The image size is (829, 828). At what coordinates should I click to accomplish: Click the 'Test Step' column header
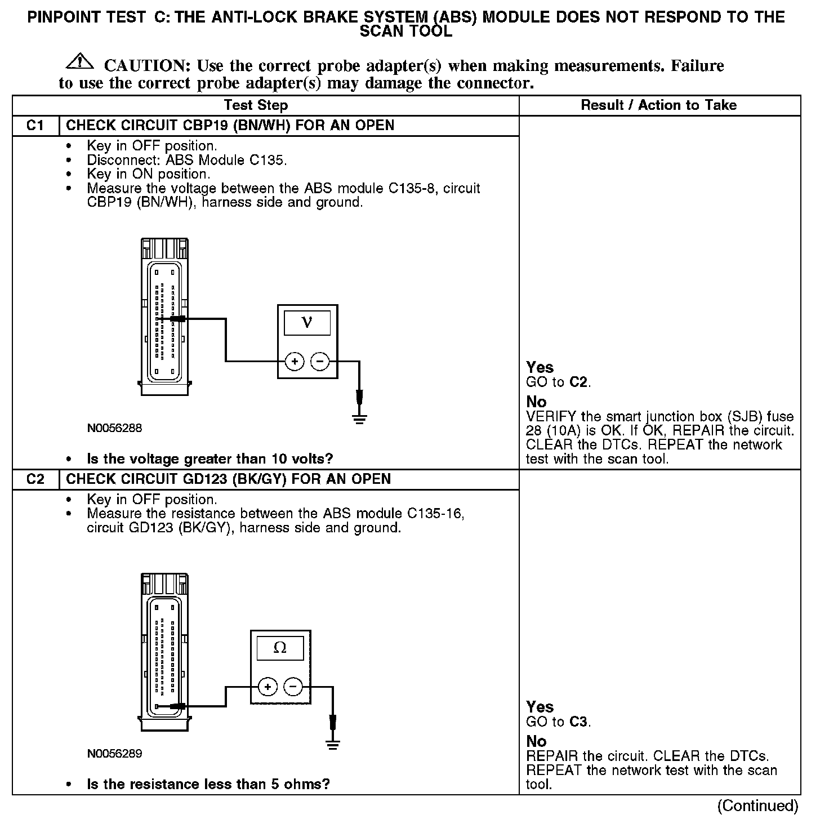tap(256, 105)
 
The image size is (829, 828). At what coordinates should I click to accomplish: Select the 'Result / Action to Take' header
tap(658, 105)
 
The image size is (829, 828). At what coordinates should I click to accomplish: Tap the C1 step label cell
tap(35, 126)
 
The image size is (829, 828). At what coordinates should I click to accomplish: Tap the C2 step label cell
tap(35, 479)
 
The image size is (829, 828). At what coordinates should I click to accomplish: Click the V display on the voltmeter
tap(307, 323)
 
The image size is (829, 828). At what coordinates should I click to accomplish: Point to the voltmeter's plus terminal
tap(295, 361)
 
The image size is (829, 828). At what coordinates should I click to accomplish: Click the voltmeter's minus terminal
tap(320, 361)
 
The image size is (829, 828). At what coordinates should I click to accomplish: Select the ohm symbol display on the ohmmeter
tap(280, 648)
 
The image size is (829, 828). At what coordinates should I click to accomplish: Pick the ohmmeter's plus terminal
tap(268, 687)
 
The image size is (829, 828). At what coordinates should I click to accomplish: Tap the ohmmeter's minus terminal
tap(293, 687)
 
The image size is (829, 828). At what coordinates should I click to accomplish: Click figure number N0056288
tap(114, 428)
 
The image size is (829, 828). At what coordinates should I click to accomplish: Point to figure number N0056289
tap(114, 754)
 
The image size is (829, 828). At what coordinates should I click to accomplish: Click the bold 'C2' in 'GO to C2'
tap(578, 382)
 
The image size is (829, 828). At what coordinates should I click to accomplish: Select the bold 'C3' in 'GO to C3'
tap(579, 722)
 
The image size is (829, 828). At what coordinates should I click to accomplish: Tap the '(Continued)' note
tap(757, 806)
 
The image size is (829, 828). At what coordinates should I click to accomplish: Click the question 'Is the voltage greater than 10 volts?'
tap(210, 459)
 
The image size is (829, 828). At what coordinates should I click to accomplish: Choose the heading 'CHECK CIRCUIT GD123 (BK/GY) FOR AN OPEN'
tap(228, 479)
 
